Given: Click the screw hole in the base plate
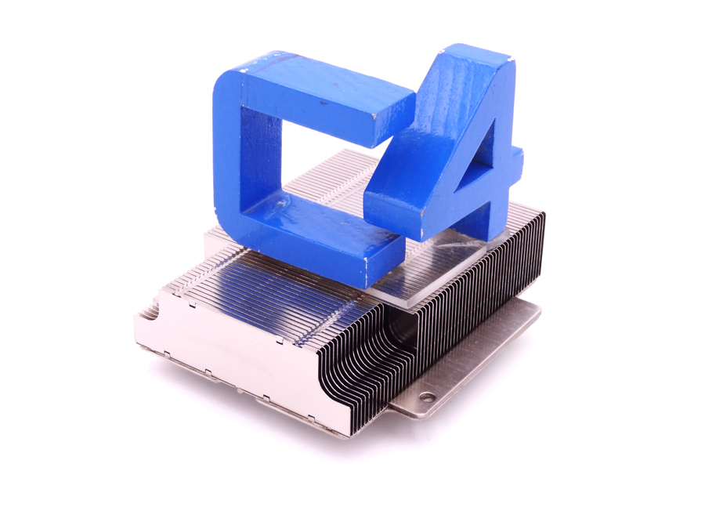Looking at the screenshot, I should coord(427,398).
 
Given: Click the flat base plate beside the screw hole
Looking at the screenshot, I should coord(470,368).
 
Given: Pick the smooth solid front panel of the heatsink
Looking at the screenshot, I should coord(227,345).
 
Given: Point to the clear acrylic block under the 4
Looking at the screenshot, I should coord(439,266).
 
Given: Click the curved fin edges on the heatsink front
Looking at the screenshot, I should coord(352,368).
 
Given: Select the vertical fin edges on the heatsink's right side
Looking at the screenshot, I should coord(501,274).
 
